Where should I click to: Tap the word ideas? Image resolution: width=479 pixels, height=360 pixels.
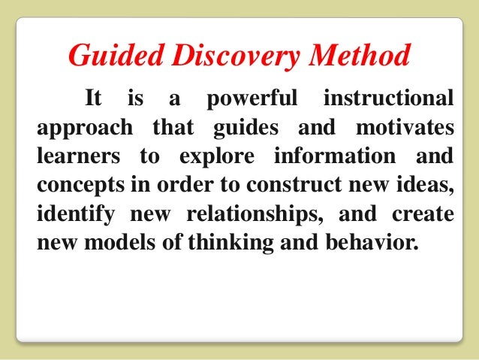coord(426,186)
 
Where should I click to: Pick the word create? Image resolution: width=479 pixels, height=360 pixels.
coord(423,215)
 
